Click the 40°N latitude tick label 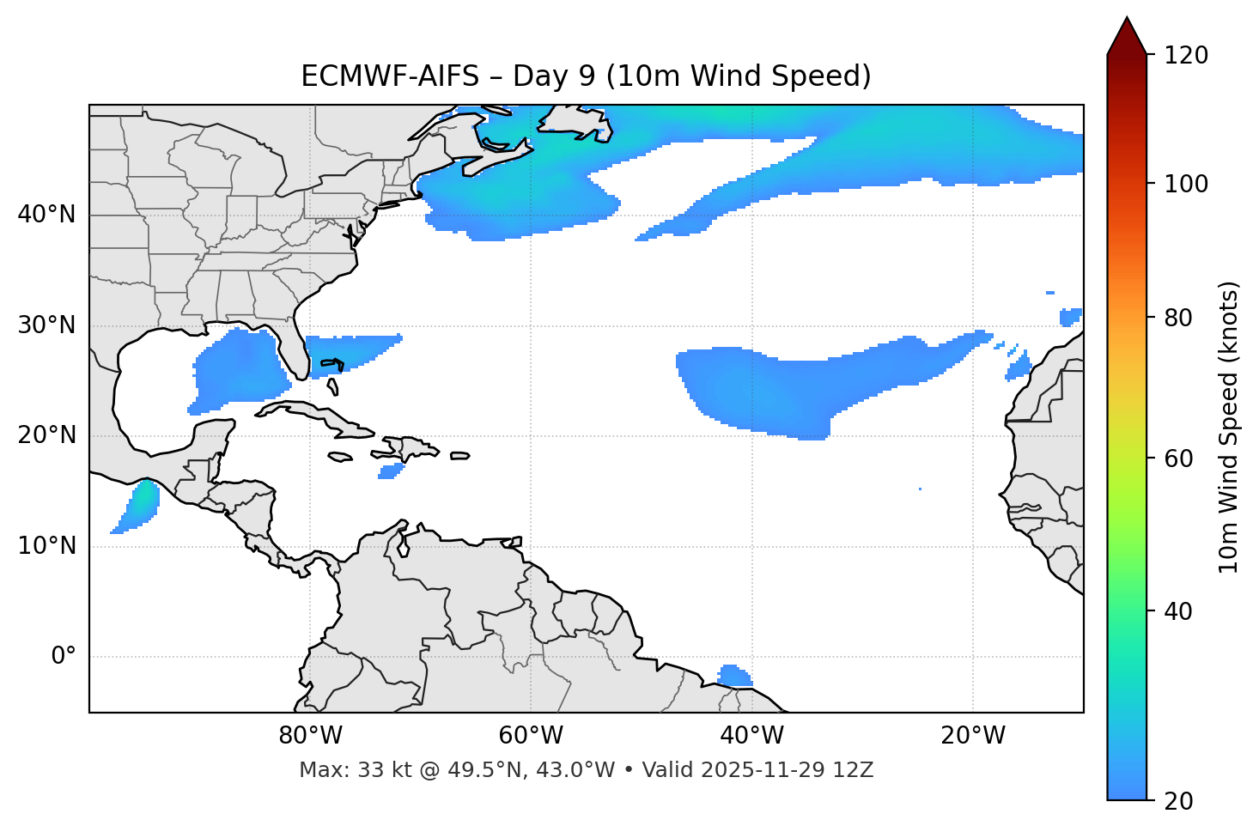pyautogui.click(x=46, y=215)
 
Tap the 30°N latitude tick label pyautogui.click(x=46, y=325)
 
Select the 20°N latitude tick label pyautogui.click(x=46, y=435)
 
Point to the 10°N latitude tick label pyautogui.click(x=46, y=546)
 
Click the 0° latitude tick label pyautogui.click(x=64, y=657)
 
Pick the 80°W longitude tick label pyautogui.click(x=310, y=736)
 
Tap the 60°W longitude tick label pyautogui.click(x=531, y=736)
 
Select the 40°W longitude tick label pyautogui.click(x=751, y=736)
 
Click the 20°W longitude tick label pyautogui.click(x=973, y=736)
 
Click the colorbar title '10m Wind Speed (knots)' pyautogui.click(x=1229, y=427)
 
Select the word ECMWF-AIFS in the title pyautogui.click(x=389, y=76)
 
